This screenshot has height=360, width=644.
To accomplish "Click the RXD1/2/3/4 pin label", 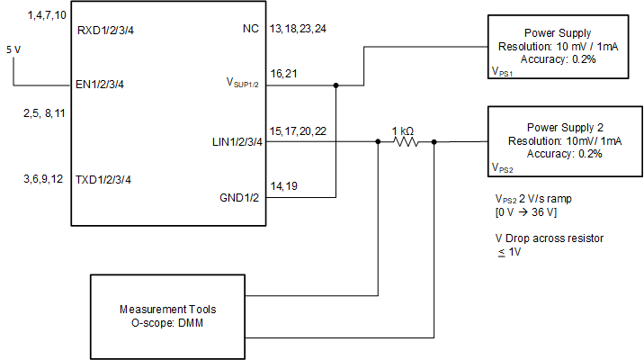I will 106,30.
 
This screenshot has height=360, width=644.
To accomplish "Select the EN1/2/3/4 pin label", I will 102,85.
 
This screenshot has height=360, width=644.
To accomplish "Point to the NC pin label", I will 251,30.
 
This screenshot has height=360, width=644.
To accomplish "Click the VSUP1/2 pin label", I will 241,83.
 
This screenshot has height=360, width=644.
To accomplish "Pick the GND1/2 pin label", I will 239,197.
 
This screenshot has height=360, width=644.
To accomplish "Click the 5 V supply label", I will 13,49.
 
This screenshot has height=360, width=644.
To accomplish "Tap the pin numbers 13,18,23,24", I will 298,29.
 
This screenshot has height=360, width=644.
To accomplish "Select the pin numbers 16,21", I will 283,72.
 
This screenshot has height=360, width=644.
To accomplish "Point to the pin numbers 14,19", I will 283,185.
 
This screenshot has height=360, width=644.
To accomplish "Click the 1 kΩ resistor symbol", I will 406,141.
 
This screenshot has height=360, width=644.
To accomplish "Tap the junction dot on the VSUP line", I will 335,86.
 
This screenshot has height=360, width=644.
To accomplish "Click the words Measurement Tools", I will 163,310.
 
